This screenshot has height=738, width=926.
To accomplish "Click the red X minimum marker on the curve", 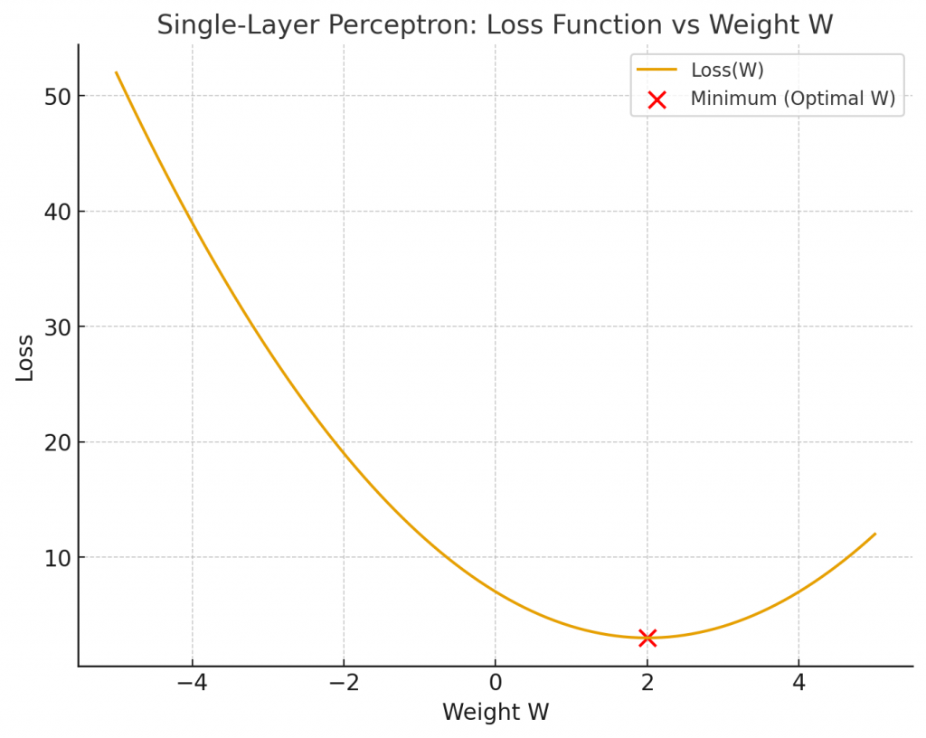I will (x=647, y=638).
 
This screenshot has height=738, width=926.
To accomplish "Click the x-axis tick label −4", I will (x=192, y=683).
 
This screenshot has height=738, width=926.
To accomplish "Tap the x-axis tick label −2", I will (x=344, y=683).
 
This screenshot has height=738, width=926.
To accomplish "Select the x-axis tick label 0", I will (x=495, y=683).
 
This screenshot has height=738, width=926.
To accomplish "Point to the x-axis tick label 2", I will (x=647, y=683).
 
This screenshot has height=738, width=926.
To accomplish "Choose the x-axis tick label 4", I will (x=798, y=683).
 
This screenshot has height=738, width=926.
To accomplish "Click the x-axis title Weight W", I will (x=495, y=713).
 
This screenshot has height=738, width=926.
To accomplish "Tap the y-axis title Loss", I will (x=25, y=357).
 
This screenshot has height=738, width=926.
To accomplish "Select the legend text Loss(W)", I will (x=727, y=70).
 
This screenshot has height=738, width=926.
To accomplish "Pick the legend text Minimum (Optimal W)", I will (x=792, y=99).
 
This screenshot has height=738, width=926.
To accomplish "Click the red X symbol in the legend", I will (x=657, y=99).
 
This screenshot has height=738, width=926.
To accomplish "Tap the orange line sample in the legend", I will (x=657, y=70).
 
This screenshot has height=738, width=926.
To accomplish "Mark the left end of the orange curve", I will (x=117, y=73).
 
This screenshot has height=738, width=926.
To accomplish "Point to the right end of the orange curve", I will (x=874, y=534).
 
